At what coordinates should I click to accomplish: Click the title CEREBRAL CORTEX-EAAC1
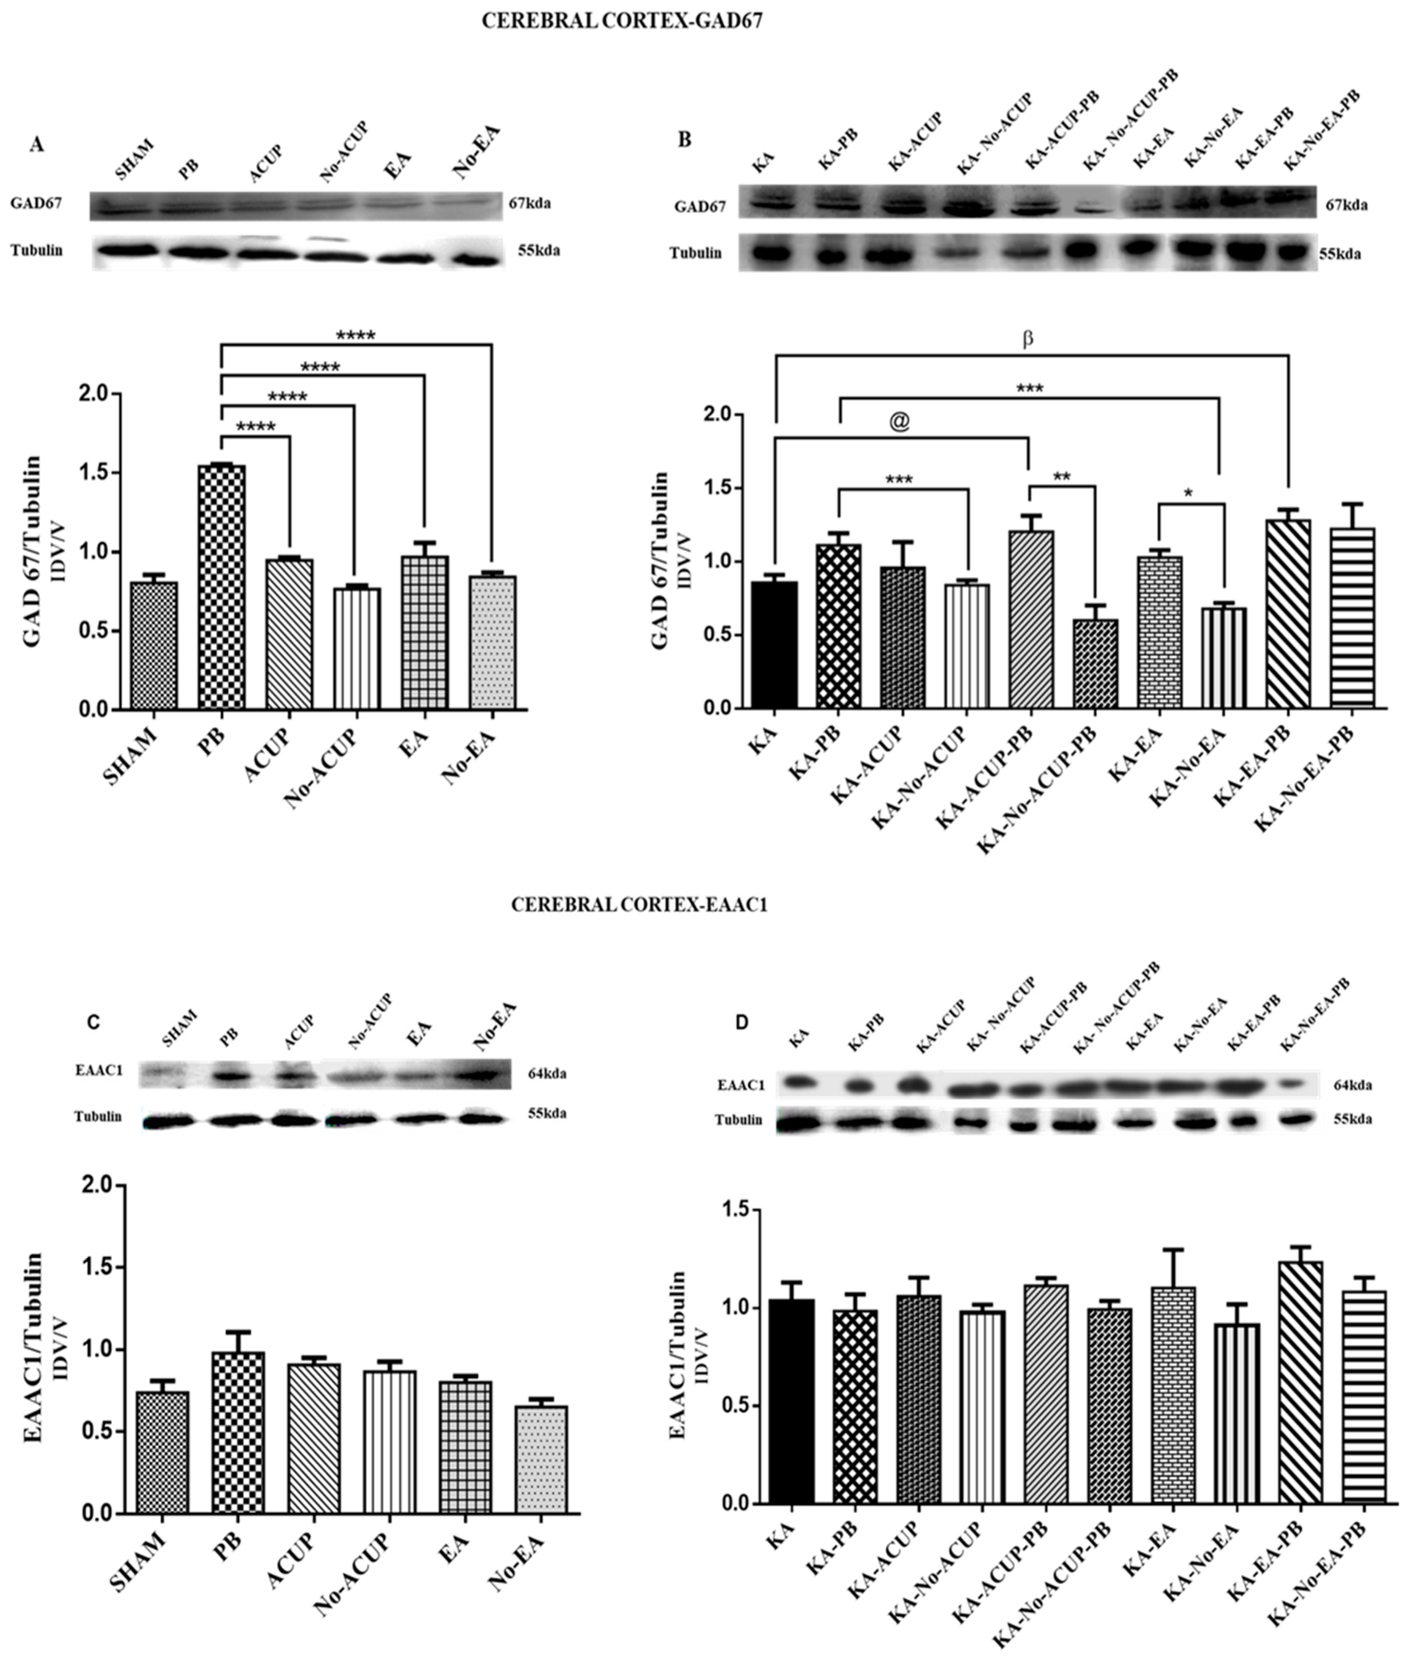click(639, 906)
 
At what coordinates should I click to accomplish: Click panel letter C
click(94, 1022)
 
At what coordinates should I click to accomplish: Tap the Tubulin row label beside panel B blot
click(695, 253)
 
